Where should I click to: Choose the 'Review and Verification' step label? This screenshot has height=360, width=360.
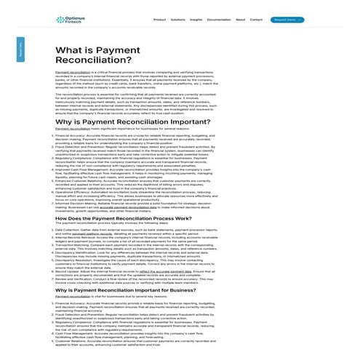click(x=77, y=278)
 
